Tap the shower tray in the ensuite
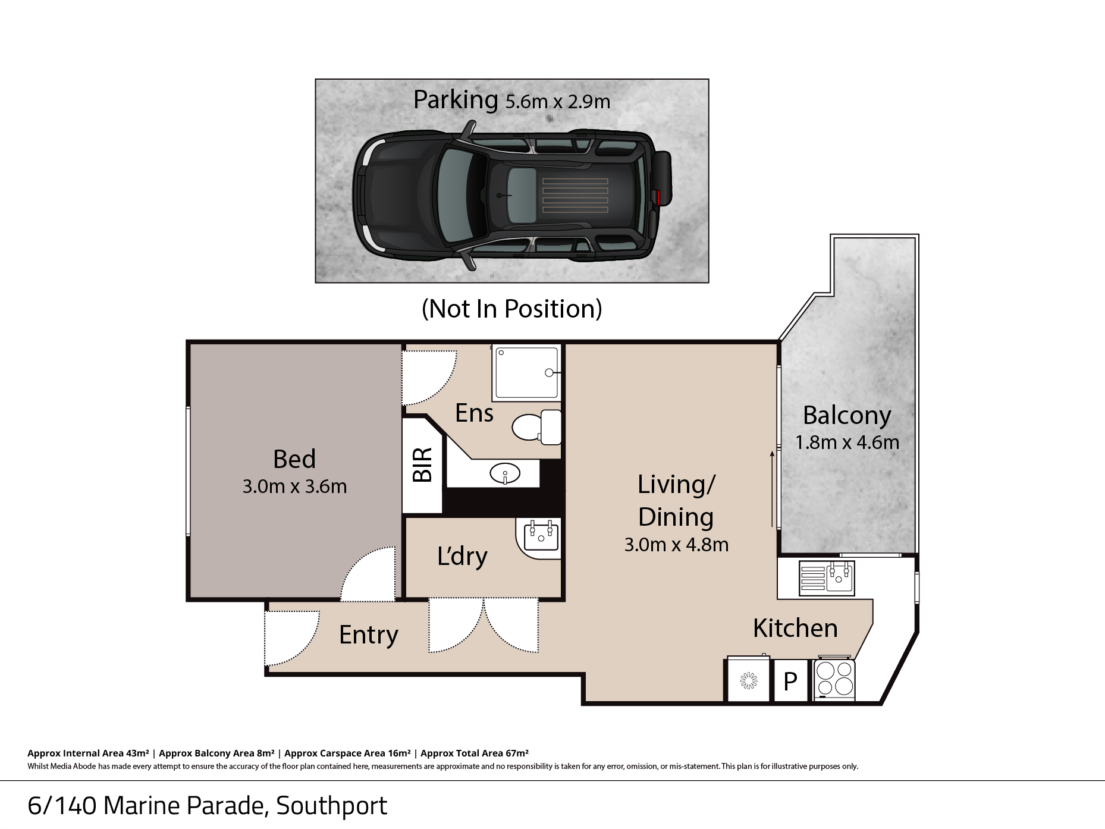click(x=527, y=372)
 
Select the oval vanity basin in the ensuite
click(x=505, y=474)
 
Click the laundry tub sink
click(x=541, y=535)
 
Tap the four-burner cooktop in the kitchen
click(x=834, y=679)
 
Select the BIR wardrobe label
click(x=422, y=465)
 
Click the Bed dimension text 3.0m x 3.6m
click(x=294, y=486)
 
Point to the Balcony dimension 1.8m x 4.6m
click(x=847, y=442)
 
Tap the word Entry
click(x=369, y=635)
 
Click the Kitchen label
click(x=795, y=628)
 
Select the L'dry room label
click(x=462, y=557)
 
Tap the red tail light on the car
click(x=658, y=197)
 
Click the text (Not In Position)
click(x=511, y=309)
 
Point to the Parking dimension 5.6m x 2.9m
click(x=558, y=102)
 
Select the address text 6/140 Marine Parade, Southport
click(x=207, y=806)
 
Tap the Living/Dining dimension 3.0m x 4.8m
click(x=676, y=545)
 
